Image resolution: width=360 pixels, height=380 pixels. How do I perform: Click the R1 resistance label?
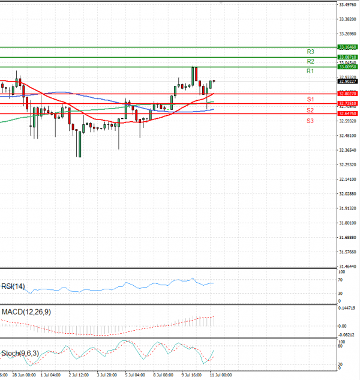[310, 71]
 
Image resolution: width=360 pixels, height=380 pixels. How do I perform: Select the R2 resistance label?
[310, 62]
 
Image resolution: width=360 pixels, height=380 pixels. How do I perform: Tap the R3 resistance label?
[311, 52]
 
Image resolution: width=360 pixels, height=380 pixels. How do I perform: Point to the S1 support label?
[310, 99]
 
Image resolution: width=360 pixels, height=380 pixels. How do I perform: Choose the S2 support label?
[310, 110]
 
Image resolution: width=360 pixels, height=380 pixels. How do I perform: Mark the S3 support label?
[310, 121]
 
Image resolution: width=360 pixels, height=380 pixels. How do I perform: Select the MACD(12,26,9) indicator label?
[25, 313]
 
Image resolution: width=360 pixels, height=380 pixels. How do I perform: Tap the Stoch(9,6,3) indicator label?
[21, 352]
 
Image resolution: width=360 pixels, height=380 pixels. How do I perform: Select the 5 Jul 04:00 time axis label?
[135, 375]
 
